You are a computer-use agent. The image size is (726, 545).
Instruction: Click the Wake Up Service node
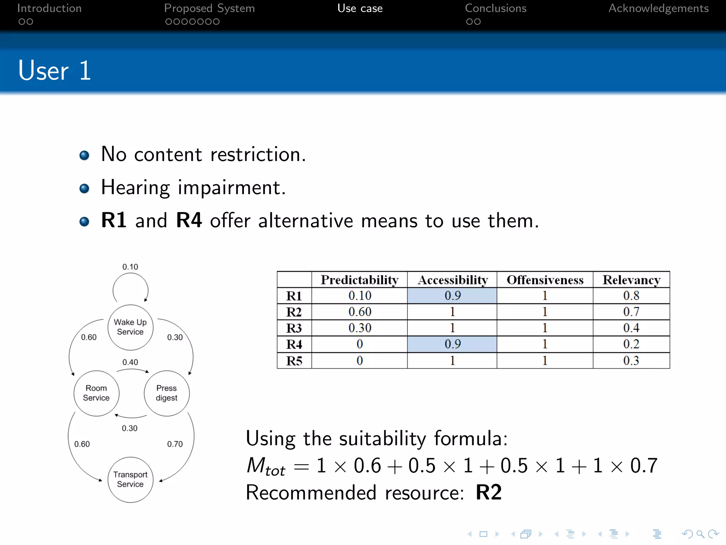point(130,327)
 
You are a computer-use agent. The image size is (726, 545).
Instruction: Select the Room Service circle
point(96,393)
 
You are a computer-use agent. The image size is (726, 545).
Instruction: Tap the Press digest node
point(167,393)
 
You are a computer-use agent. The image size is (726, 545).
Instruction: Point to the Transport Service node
point(130,479)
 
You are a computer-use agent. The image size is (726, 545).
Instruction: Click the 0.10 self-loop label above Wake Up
point(130,267)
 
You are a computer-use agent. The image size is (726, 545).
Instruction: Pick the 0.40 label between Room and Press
point(130,362)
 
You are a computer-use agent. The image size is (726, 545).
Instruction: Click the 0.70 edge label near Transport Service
point(175,444)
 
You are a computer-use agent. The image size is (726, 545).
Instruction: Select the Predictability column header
point(359,280)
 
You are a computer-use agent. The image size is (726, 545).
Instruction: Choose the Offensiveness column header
point(545,280)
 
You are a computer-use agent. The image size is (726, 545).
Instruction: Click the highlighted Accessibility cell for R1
point(452,296)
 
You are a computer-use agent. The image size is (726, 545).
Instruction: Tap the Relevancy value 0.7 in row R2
point(631,312)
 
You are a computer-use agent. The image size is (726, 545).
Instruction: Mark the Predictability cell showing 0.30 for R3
point(359,328)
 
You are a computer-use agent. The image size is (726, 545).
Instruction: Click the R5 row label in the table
point(294,361)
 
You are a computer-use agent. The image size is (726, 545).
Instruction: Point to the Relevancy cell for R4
point(631,344)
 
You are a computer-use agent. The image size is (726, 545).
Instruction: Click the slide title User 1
point(55,71)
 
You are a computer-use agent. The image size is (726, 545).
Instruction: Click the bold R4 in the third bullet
point(189,220)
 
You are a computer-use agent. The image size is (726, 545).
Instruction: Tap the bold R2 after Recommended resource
point(488,492)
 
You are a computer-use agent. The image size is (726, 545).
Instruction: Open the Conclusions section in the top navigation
point(496,9)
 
